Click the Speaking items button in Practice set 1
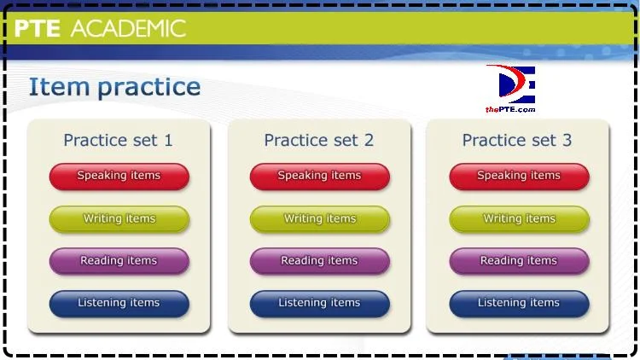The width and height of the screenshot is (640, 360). (x=119, y=177)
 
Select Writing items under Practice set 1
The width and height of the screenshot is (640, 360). (x=119, y=219)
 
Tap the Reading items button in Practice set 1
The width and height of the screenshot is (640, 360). (x=119, y=261)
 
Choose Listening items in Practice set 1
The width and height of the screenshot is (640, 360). (x=119, y=304)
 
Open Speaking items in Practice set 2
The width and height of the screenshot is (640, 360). (x=320, y=177)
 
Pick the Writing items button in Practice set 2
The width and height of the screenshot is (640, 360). (x=320, y=219)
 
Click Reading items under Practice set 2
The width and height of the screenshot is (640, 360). (x=320, y=261)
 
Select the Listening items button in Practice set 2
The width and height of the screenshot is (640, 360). (x=320, y=304)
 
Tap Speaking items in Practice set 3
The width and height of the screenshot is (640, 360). (x=519, y=177)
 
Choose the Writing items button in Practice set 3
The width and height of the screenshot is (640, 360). (x=519, y=219)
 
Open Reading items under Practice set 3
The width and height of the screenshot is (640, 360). (x=519, y=261)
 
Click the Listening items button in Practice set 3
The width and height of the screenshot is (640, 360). (x=519, y=304)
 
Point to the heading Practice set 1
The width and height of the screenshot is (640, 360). (x=118, y=141)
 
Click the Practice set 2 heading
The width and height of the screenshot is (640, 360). (x=319, y=141)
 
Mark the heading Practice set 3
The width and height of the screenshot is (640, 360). (x=517, y=141)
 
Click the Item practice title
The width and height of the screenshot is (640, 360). (x=114, y=87)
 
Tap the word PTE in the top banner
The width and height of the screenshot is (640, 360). (x=38, y=28)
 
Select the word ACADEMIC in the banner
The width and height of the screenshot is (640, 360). (x=128, y=28)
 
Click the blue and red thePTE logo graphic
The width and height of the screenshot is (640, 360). (x=511, y=84)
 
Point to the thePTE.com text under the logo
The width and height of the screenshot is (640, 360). (x=510, y=109)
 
